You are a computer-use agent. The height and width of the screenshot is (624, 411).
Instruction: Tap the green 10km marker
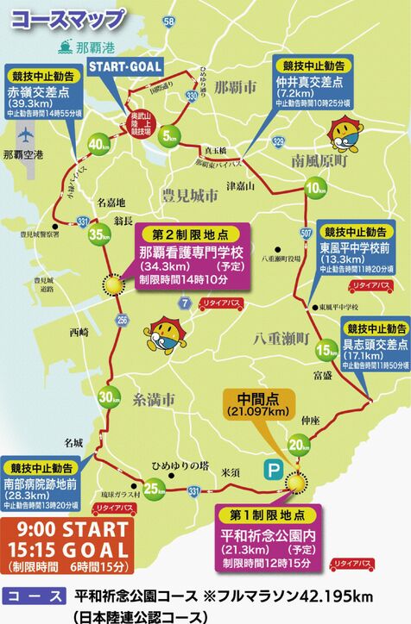coord(316,189)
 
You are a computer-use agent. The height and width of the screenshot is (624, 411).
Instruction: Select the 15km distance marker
coord(325,351)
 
